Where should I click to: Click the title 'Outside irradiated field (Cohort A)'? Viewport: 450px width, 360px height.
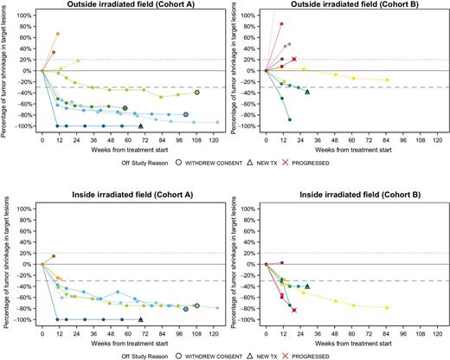tap(126, 6)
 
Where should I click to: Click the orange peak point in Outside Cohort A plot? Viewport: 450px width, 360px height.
tap(57, 35)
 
